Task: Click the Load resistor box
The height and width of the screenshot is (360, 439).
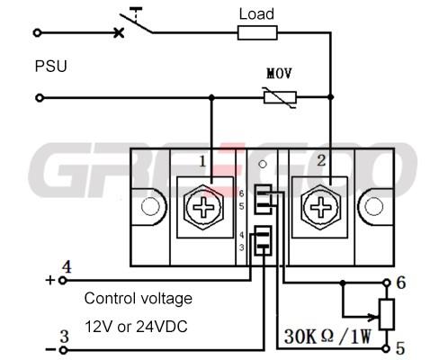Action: [x=257, y=32]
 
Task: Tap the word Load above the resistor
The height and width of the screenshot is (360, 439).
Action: [x=256, y=14]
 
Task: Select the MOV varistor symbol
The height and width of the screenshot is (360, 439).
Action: [x=280, y=97]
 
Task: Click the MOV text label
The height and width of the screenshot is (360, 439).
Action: [x=279, y=74]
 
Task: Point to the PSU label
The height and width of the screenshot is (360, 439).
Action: [x=50, y=66]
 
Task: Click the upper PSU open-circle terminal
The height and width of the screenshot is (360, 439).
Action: [x=38, y=32]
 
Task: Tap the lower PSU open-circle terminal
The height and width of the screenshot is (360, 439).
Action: [x=40, y=98]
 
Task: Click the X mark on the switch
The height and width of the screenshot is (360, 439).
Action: [x=119, y=32]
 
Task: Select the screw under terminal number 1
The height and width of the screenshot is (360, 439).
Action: [x=204, y=207]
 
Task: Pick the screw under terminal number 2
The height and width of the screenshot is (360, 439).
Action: [x=320, y=207]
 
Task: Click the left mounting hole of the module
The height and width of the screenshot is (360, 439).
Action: [x=150, y=207]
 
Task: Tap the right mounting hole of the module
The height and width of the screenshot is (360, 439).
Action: [x=373, y=207]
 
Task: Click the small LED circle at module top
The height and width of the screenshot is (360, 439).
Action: [x=263, y=165]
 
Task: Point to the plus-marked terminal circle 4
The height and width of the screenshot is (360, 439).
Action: [x=62, y=281]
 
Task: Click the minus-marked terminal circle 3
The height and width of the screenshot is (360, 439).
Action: [x=63, y=350]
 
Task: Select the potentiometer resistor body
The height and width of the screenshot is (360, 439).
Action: [x=387, y=314]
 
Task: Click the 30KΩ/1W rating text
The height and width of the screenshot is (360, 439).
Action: [x=327, y=337]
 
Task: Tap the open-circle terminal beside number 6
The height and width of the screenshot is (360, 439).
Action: [x=387, y=283]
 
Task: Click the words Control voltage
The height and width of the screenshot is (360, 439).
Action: [x=139, y=298]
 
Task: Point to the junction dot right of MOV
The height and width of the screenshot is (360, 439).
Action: [x=330, y=97]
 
